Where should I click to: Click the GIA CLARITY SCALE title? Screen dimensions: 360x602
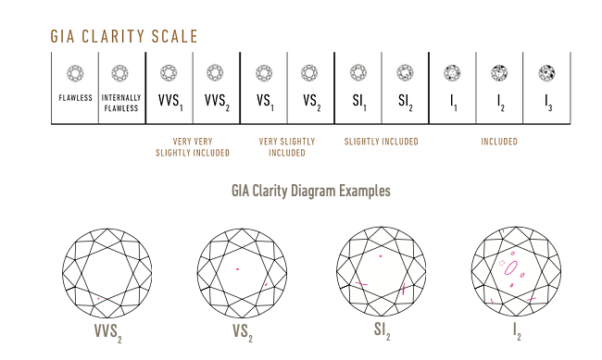(x=123, y=37)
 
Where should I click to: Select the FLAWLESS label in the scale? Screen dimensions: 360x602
(x=75, y=97)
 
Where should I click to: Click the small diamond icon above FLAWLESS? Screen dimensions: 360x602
(x=75, y=72)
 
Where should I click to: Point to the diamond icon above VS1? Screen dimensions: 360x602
(x=263, y=72)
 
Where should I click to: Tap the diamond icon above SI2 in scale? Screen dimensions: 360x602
(x=405, y=72)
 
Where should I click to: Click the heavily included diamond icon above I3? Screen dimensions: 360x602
(x=546, y=72)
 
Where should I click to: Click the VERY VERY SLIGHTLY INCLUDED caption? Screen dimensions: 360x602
(x=193, y=147)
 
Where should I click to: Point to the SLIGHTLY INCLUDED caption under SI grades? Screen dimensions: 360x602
(x=381, y=142)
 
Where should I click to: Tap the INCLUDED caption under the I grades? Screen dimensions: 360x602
(x=499, y=142)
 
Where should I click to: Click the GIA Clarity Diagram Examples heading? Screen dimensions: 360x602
(x=310, y=191)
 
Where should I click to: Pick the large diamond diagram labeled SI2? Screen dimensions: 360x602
(x=381, y=268)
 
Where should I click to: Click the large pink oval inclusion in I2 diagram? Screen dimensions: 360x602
(x=509, y=266)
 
